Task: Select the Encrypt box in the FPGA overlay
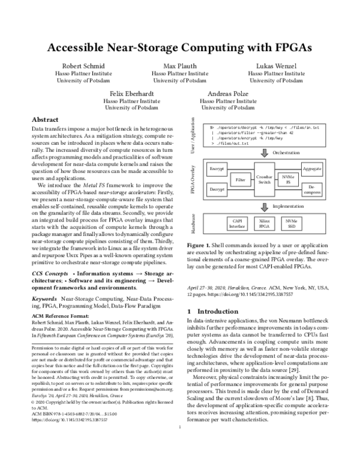tap(216, 169)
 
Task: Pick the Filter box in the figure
tap(241, 180)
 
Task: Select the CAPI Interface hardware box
tap(237, 224)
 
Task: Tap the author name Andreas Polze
tap(227, 94)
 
